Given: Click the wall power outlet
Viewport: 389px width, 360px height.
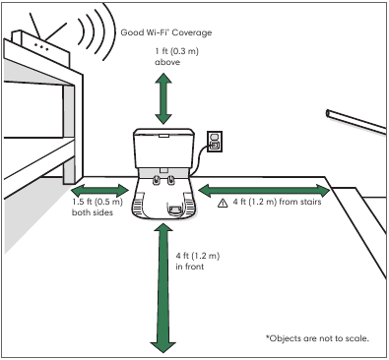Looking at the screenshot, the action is click(x=215, y=142).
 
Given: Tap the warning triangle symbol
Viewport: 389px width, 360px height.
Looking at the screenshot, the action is click(x=223, y=204).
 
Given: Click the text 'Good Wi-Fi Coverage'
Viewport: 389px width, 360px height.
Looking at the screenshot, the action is click(x=166, y=32).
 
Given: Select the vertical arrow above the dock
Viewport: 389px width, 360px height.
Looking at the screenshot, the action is click(x=163, y=98).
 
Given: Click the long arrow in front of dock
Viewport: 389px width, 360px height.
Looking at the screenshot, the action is click(x=162, y=289).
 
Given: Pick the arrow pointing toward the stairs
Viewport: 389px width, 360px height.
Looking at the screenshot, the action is click(x=264, y=191).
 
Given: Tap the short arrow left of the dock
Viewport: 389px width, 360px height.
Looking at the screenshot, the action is click(x=100, y=191).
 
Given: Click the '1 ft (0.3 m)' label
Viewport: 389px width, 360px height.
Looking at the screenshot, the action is click(x=177, y=51).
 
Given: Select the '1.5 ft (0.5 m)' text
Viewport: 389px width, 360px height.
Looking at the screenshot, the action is click(x=97, y=202).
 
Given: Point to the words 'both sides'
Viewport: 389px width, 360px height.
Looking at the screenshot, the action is click(x=93, y=212).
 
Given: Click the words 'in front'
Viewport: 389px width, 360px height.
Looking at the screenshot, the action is click(x=190, y=267).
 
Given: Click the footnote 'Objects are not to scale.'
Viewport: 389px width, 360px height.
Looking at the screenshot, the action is click(x=317, y=338).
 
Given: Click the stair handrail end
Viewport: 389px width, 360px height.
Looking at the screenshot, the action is click(x=328, y=113).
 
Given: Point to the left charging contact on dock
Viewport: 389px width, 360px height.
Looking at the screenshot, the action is click(x=157, y=179).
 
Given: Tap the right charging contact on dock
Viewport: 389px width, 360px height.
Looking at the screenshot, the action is click(x=170, y=179).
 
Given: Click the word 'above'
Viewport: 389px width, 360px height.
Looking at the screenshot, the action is click(x=167, y=62).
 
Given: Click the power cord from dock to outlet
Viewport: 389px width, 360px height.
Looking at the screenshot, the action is click(x=200, y=159).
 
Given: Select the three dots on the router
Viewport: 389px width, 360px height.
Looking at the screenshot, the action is click(x=41, y=47).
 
